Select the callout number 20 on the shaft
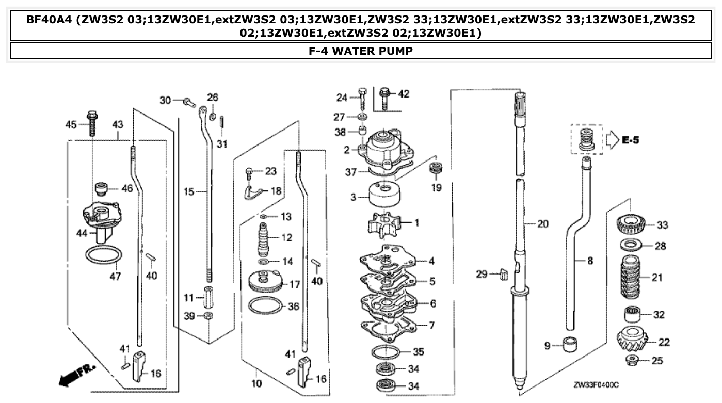[x=542, y=224]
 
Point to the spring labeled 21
[x=632, y=278]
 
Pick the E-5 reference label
[x=630, y=140]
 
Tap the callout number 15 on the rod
[x=188, y=191]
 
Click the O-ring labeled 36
[x=266, y=306]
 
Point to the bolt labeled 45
[x=92, y=123]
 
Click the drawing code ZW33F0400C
[x=596, y=385]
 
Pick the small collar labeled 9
[x=570, y=345]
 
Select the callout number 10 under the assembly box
[x=256, y=383]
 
